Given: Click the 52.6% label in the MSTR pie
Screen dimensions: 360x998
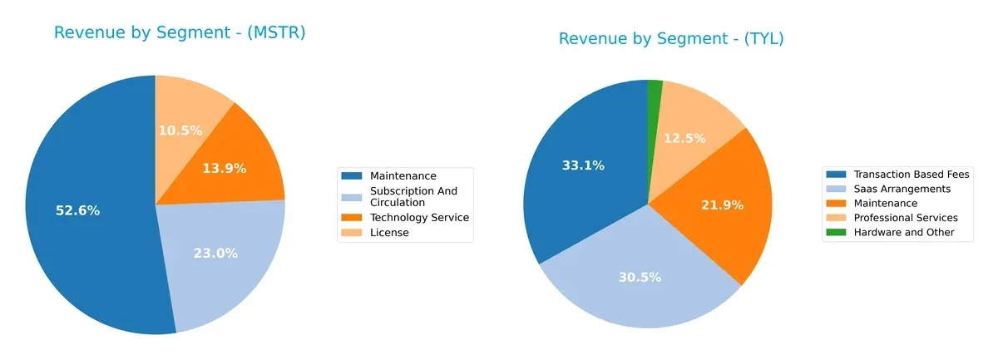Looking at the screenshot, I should (x=77, y=211).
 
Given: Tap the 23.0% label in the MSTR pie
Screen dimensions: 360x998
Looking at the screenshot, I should (x=215, y=254).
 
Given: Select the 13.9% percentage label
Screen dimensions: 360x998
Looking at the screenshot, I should (x=224, y=169).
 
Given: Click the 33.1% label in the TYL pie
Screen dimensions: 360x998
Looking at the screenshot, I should (x=583, y=165).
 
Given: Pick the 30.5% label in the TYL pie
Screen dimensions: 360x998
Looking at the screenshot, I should (x=640, y=277).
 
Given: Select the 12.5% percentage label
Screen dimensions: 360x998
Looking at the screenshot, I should (x=684, y=138).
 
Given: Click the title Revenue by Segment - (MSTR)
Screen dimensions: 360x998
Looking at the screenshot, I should (x=180, y=32).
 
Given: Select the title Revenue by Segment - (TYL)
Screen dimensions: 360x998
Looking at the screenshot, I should (x=671, y=38).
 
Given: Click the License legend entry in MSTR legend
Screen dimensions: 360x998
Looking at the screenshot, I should (x=389, y=233).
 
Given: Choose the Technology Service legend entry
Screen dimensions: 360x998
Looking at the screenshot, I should (x=420, y=218).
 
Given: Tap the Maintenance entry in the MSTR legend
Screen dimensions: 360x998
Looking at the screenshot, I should (x=403, y=175).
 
